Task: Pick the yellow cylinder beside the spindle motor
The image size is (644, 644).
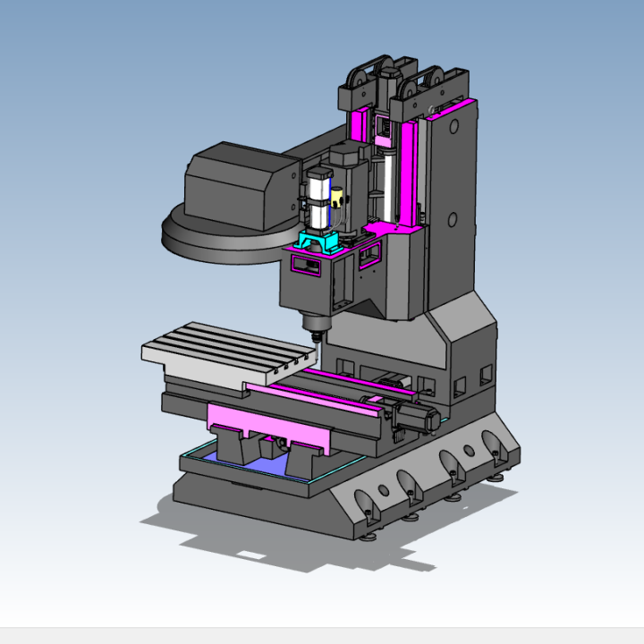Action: (336, 198)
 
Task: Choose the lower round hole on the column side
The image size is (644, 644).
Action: (453, 219)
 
